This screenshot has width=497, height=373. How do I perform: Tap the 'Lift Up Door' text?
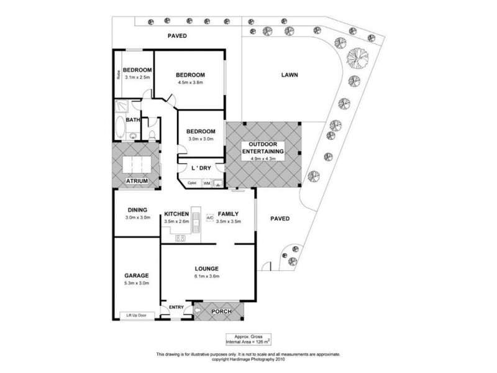click(x=137, y=315)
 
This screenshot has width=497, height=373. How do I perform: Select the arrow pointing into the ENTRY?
click(x=198, y=309)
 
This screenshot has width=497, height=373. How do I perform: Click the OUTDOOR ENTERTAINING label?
click(x=263, y=148)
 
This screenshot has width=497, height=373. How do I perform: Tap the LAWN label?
click(x=290, y=75)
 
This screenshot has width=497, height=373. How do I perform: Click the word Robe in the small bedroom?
click(x=118, y=75)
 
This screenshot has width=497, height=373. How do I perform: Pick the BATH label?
click(x=133, y=120)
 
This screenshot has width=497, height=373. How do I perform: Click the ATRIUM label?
click(x=137, y=181)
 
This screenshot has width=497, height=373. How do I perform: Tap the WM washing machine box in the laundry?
click(x=206, y=184)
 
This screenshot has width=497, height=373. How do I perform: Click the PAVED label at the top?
click(x=177, y=36)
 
